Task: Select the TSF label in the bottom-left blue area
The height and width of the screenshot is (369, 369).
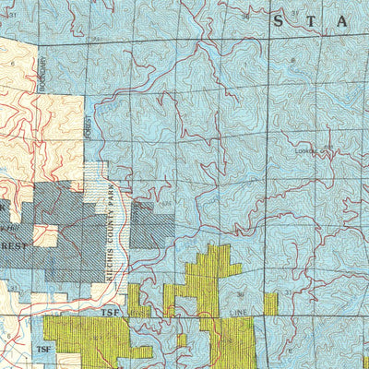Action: click(42, 350)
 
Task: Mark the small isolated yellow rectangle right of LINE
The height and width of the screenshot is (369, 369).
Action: click(270, 304)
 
